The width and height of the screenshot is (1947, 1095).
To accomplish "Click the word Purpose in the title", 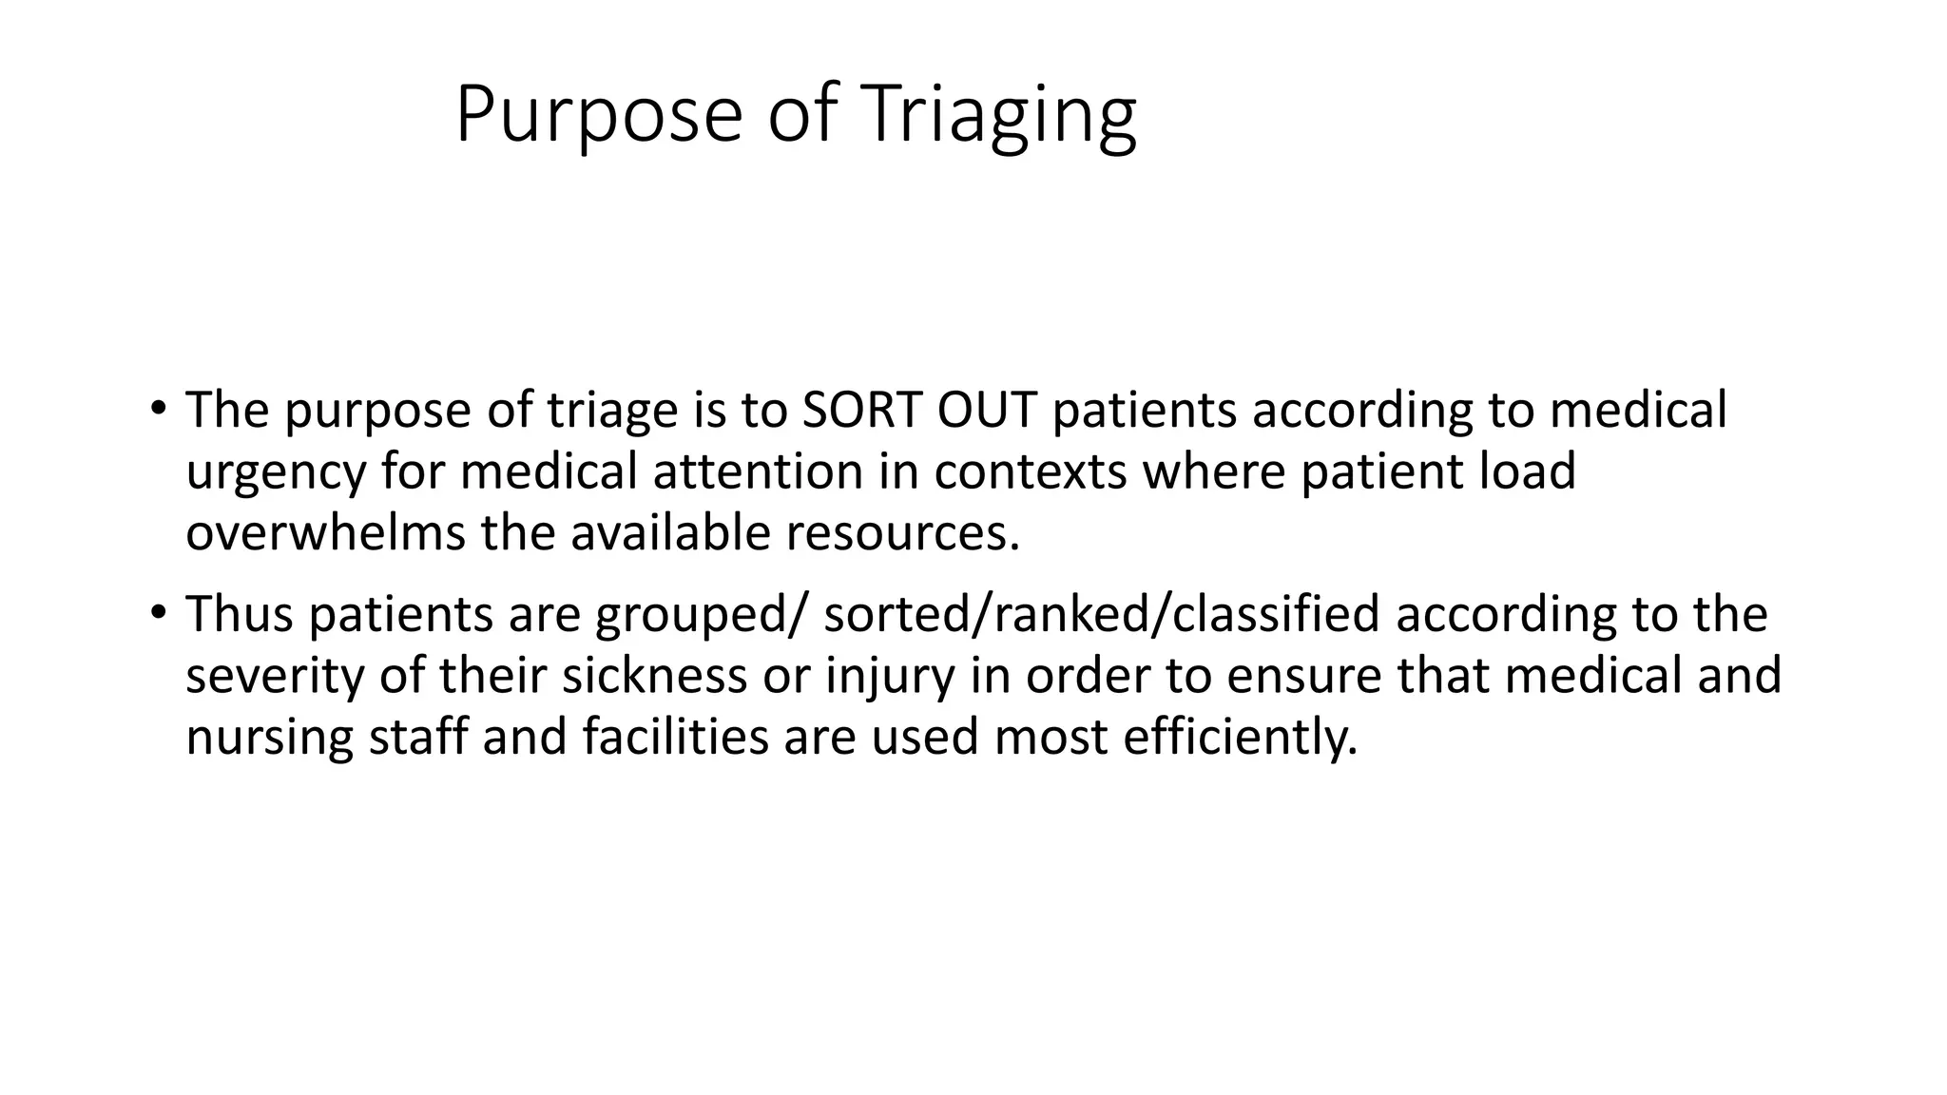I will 598,115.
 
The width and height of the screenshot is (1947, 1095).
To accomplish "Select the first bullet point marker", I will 158,409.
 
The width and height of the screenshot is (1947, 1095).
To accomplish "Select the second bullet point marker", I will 158,613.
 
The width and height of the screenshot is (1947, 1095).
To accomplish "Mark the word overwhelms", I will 325,532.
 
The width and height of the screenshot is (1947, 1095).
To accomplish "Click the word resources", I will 902,534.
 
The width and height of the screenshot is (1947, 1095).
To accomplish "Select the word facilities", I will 675,737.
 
